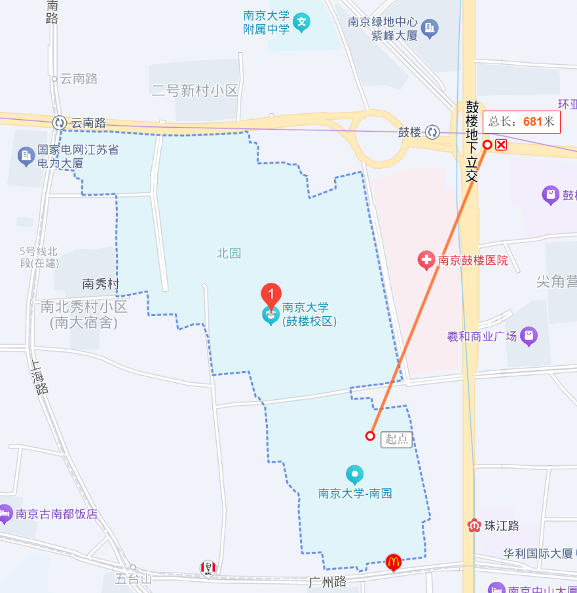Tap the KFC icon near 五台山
pos(208,568)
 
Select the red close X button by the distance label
pos(501,145)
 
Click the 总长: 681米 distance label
pos(521,122)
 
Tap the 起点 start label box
pos(396,439)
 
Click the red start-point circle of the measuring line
pos(370,436)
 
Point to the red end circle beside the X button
pos(487,145)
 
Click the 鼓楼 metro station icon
pos(432,132)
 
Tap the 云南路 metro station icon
pos(60,122)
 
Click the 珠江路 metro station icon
pos(474,525)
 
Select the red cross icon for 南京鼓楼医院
pos(426,261)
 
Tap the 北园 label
pos(229,253)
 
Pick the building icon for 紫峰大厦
pos(430,28)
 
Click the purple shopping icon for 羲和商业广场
pos(529,336)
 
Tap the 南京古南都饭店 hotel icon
pos(5,514)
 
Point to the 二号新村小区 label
pos(195,91)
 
